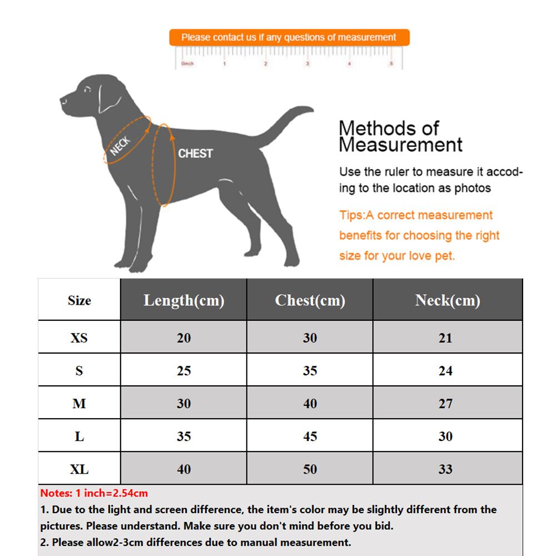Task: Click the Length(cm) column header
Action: (183, 300)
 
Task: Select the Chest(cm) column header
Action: (310, 300)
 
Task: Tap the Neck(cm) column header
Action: (448, 300)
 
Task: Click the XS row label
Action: (79, 337)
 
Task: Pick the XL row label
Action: (79, 469)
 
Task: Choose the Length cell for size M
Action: (183, 403)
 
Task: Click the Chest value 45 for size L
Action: (310, 436)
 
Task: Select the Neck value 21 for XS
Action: (445, 337)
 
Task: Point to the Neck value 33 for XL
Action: (445, 469)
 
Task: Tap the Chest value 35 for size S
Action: (310, 370)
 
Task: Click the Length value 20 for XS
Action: (183, 337)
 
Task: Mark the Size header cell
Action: (79, 300)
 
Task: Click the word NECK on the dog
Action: (120, 146)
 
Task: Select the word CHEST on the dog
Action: (195, 153)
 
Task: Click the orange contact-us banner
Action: (289, 38)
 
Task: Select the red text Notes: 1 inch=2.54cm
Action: (94, 493)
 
